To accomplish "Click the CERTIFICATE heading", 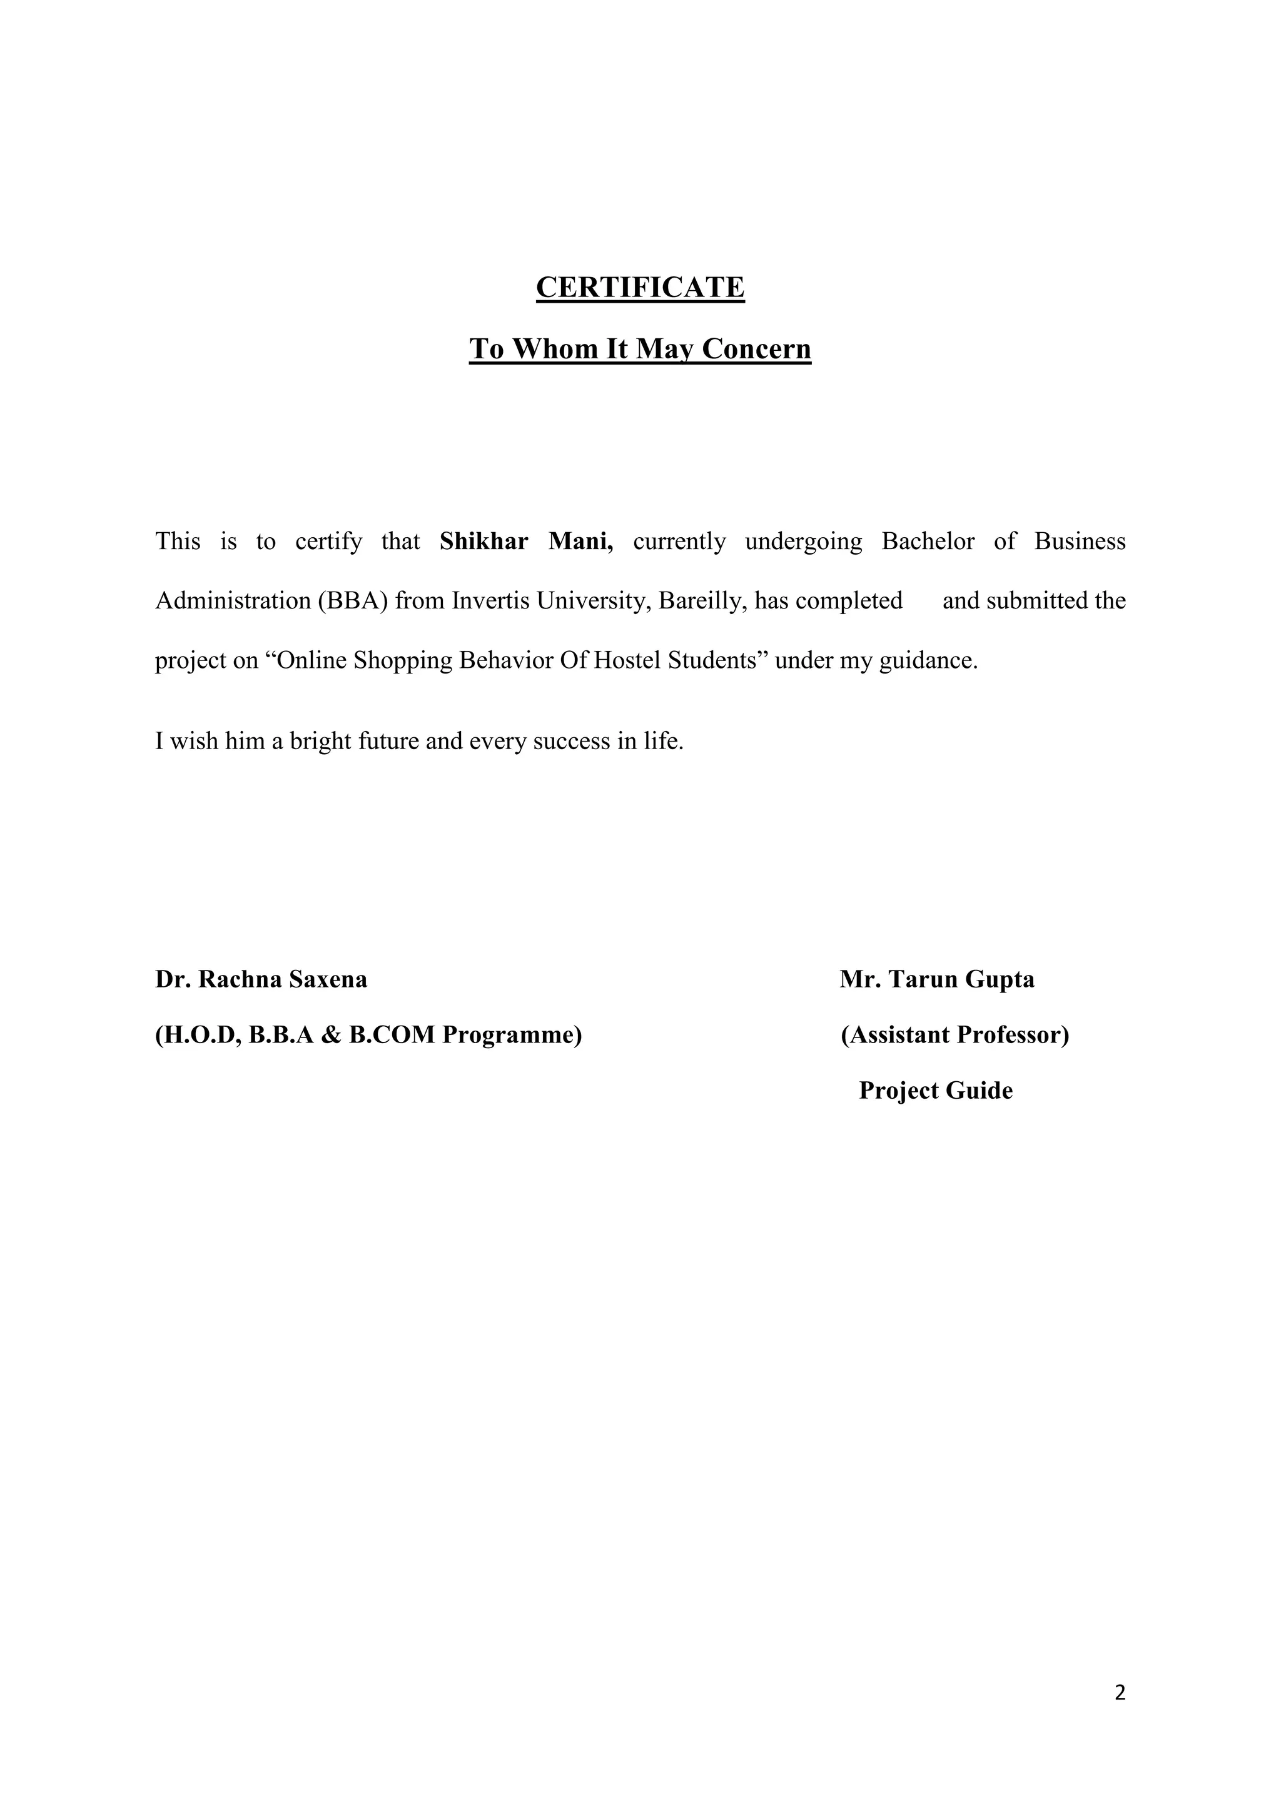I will click(640, 287).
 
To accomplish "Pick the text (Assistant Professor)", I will click(954, 1034).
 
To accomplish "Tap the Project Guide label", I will click(936, 1090).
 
